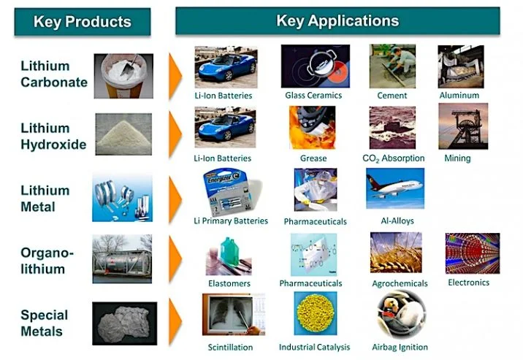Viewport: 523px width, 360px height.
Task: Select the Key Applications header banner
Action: click(337, 20)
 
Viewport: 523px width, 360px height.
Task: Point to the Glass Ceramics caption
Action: click(315, 96)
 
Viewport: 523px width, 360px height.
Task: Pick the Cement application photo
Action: click(392, 66)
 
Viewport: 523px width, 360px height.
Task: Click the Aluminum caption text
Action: click(459, 95)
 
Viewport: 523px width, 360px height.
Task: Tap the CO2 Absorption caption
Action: click(393, 158)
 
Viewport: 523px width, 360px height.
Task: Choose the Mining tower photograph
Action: click(462, 126)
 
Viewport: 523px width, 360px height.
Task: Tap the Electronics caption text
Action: click(468, 282)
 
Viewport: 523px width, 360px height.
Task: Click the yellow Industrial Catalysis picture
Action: click(315, 314)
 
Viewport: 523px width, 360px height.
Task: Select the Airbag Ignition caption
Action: click(399, 347)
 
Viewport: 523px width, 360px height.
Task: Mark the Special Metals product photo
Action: click(124, 322)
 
